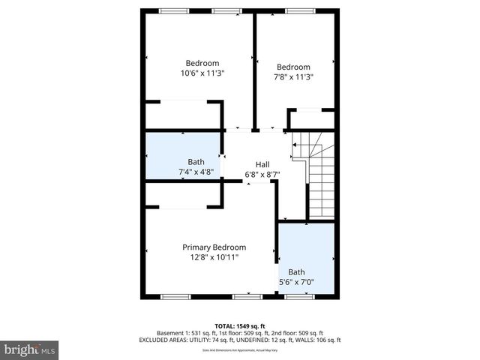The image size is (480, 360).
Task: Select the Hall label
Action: point(262,165)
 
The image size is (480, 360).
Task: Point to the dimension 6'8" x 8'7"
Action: point(262,175)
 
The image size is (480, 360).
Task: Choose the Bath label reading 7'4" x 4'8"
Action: point(196,162)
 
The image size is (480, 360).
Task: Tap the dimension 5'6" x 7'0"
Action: point(297,282)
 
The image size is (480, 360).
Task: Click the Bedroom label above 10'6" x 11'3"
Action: point(202,63)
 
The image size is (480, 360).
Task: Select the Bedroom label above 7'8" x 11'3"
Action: point(293,67)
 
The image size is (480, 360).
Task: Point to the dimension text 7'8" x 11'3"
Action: point(293,76)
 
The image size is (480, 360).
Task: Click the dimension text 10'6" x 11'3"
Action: point(202,73)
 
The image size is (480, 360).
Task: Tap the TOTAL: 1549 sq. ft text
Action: point(239,324)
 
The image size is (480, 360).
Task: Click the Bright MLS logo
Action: point(29,349)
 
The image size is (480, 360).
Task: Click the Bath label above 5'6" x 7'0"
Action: point(297,272)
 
